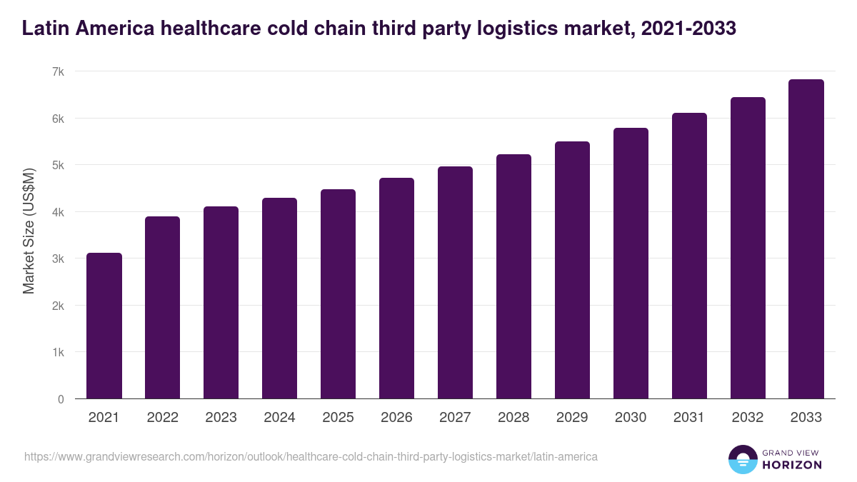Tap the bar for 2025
338,294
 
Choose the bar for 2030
631,263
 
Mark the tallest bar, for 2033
806,239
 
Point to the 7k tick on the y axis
58,71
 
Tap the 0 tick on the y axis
61,399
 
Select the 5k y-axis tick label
58,165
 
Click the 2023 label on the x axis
221,418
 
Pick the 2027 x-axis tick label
455,418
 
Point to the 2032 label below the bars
748,418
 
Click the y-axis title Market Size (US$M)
29,231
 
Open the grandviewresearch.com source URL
311,456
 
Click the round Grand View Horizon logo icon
742,459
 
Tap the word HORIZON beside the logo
791,465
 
